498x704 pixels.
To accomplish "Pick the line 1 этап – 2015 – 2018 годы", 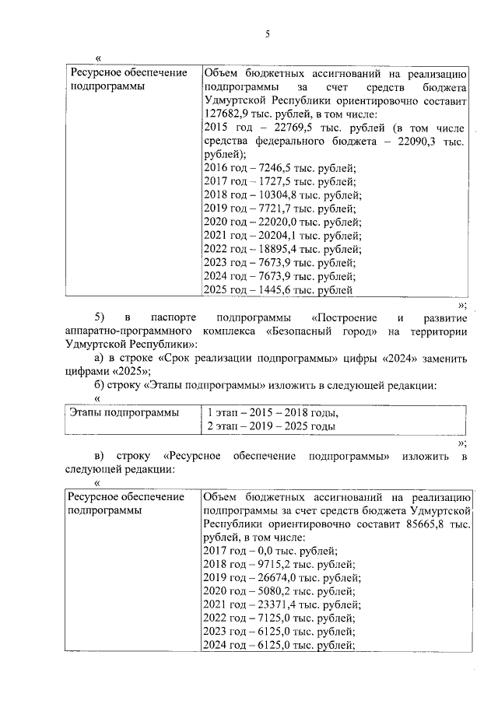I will [273, 413].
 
